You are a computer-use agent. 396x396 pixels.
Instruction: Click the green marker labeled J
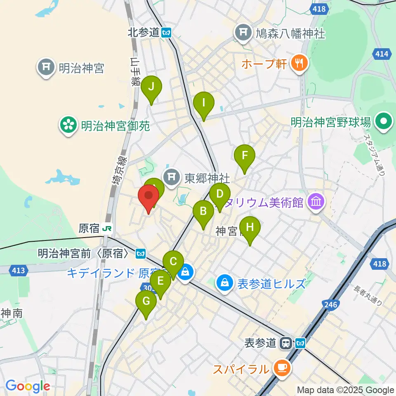[x=151, y=87]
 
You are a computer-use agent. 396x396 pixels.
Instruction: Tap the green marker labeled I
[x=204, y=103]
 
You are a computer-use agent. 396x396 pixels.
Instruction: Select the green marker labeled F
[x=245, y=156]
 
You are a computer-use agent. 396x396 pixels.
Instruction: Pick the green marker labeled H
[x=250, y=227]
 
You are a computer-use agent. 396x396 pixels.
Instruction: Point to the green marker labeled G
[x=146, y=302]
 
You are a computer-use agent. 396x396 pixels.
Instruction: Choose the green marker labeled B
[x=203, y=212]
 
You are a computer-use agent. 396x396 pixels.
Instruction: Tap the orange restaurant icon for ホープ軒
[x=297, y=63]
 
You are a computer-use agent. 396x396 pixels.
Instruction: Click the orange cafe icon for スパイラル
[x=283, y=366]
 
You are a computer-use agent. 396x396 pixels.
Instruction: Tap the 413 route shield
[x=18, y=271]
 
